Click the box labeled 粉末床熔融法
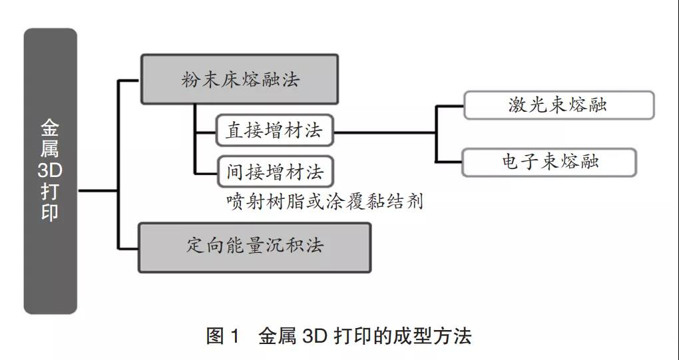tap(240, 79)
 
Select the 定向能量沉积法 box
tap(254, 247)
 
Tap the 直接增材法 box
tap(274, 130)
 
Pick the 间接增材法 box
tap(274, 172)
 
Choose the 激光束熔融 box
tap(559, 105)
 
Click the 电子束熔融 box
tap(549, 162)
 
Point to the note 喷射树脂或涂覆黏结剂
tap(325, 202)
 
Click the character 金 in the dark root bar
tap(50, 128)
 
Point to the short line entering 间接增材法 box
tap(206, 172)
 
